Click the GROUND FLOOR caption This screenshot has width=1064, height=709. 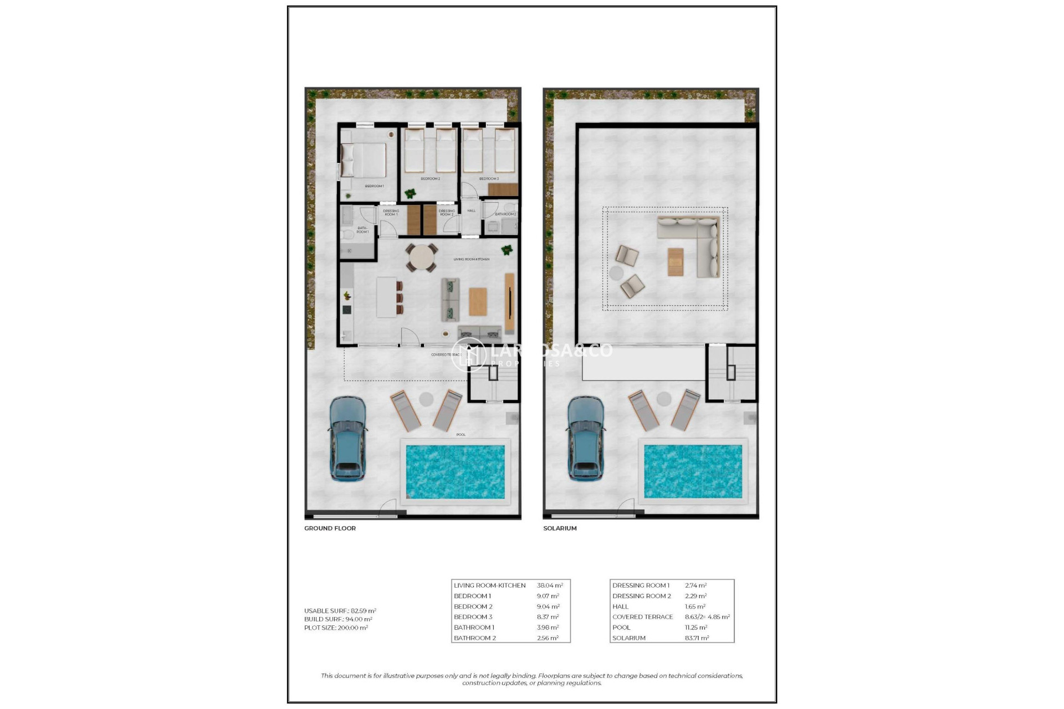coord(330,528)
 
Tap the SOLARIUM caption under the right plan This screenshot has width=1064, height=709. coord(560,528)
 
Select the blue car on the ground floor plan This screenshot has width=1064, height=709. coord(347,438)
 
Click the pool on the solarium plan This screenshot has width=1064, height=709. coord(693,471)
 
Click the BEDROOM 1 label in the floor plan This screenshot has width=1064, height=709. coord(374,186)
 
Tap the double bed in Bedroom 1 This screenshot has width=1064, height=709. coord(364,160)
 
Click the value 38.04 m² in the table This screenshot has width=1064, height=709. coord(550,585)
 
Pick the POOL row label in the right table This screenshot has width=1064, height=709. coord(621,628)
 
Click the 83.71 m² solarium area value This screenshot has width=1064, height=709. coord(697,638)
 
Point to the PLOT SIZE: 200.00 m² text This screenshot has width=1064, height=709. coord(336,628)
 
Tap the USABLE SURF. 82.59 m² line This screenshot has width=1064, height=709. coord(340,611)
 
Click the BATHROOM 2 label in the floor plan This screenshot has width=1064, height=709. coord(505,214)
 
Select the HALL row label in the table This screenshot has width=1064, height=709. coord(620,607)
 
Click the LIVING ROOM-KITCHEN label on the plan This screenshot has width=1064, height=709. coord(471,259)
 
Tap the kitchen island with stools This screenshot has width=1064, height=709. coord(388,297)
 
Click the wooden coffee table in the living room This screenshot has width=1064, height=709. coord(478,301)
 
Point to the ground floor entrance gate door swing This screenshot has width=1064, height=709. coord(388,507)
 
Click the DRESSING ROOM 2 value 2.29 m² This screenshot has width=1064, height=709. coord(695,596)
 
